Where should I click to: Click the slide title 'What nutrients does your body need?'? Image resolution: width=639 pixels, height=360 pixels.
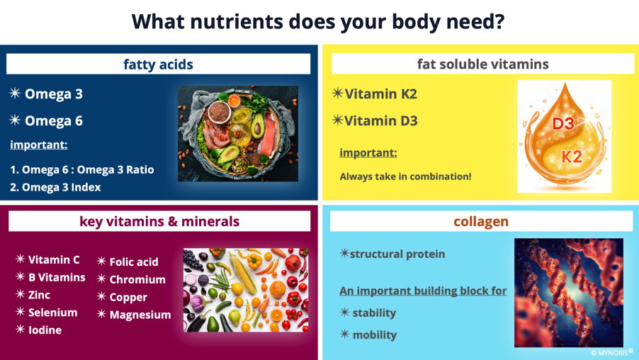click(318, 21)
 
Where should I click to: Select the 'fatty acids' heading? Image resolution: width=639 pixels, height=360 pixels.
click(158, 64)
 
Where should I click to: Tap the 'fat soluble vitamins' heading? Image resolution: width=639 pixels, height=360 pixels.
click(483, 64)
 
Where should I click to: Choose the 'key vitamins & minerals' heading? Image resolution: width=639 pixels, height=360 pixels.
click(159, 221)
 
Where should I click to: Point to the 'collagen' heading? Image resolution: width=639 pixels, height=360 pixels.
click(481, 221)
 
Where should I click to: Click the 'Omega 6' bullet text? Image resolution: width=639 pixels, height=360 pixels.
click(54, 120)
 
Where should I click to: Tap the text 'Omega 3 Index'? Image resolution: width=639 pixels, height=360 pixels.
click(62, 187)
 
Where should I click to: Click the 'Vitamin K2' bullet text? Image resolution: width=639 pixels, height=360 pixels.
click(380, 94)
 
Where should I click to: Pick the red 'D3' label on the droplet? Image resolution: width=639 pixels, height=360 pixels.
click(562, 123)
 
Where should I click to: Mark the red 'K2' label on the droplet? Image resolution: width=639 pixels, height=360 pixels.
click(572, 156)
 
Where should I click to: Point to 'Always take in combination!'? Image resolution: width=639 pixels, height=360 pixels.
click(405, 176)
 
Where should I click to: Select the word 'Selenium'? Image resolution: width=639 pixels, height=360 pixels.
click(53, 313)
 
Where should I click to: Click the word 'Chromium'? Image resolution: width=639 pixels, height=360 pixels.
click(137, 279)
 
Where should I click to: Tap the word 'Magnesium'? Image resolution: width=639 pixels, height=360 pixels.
click(140, 315)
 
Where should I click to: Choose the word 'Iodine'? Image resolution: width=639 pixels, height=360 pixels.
click(45, 330)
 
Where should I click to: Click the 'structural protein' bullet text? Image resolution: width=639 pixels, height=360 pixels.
click(397, 254)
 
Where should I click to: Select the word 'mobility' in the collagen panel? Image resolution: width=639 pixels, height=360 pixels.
click(375, 334)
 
